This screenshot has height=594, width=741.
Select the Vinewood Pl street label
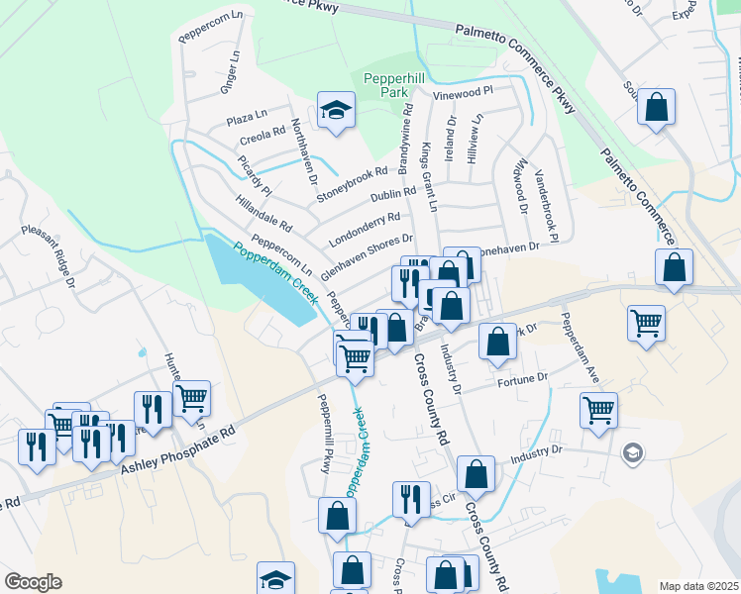[x=464, y=92]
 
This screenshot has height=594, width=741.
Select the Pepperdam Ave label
[x=580, y=346]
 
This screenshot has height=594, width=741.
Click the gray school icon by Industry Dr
[x=632, y=453]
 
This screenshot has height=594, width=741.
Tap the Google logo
[x=33, y=582]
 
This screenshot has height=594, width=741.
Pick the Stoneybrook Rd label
[x=351, y=184]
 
